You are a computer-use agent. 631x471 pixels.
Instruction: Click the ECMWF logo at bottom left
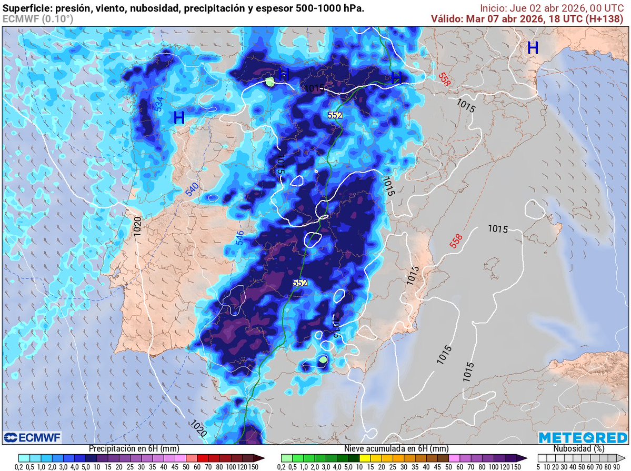(x=33, y=437)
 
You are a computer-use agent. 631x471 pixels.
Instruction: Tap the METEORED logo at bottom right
(x=583, y=437)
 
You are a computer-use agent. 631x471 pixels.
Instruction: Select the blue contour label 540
(x=192, y=190)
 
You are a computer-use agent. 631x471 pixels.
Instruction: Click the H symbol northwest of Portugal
(x=179, y=118)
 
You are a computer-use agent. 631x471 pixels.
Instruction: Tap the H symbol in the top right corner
(x=533, y=48)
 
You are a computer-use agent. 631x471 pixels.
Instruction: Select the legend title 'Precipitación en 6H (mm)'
(x=133, y=449)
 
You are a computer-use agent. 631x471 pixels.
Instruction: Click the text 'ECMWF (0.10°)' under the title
(x=38, y=19)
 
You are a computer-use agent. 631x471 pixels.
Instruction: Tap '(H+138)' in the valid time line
(x=606, y=18)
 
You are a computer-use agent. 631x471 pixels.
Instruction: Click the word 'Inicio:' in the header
(x=494, y=8)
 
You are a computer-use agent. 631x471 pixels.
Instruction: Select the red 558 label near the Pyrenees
(x=445, y=76)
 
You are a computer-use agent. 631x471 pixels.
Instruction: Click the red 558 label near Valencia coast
(x=456, y=241)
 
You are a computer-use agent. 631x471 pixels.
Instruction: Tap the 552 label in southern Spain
(x=299, y=283)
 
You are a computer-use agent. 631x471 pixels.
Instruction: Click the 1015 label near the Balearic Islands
(x=497, y=229)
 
